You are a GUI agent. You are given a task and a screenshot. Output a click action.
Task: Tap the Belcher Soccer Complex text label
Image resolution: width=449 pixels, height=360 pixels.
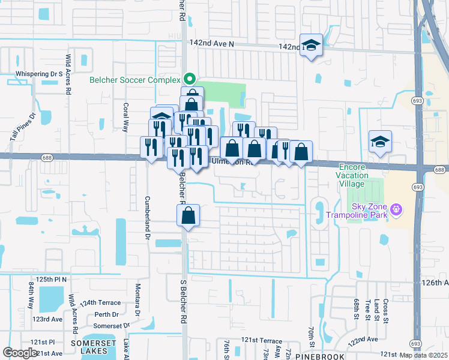134,79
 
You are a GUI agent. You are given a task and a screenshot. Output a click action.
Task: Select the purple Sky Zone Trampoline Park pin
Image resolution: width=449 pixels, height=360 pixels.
396,209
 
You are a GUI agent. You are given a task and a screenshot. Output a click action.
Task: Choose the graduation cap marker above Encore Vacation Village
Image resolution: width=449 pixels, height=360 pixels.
380,142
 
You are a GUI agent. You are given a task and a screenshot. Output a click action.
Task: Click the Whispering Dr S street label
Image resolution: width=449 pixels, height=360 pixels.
39,74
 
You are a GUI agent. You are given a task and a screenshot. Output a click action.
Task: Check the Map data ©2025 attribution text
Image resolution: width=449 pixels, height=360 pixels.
424,355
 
